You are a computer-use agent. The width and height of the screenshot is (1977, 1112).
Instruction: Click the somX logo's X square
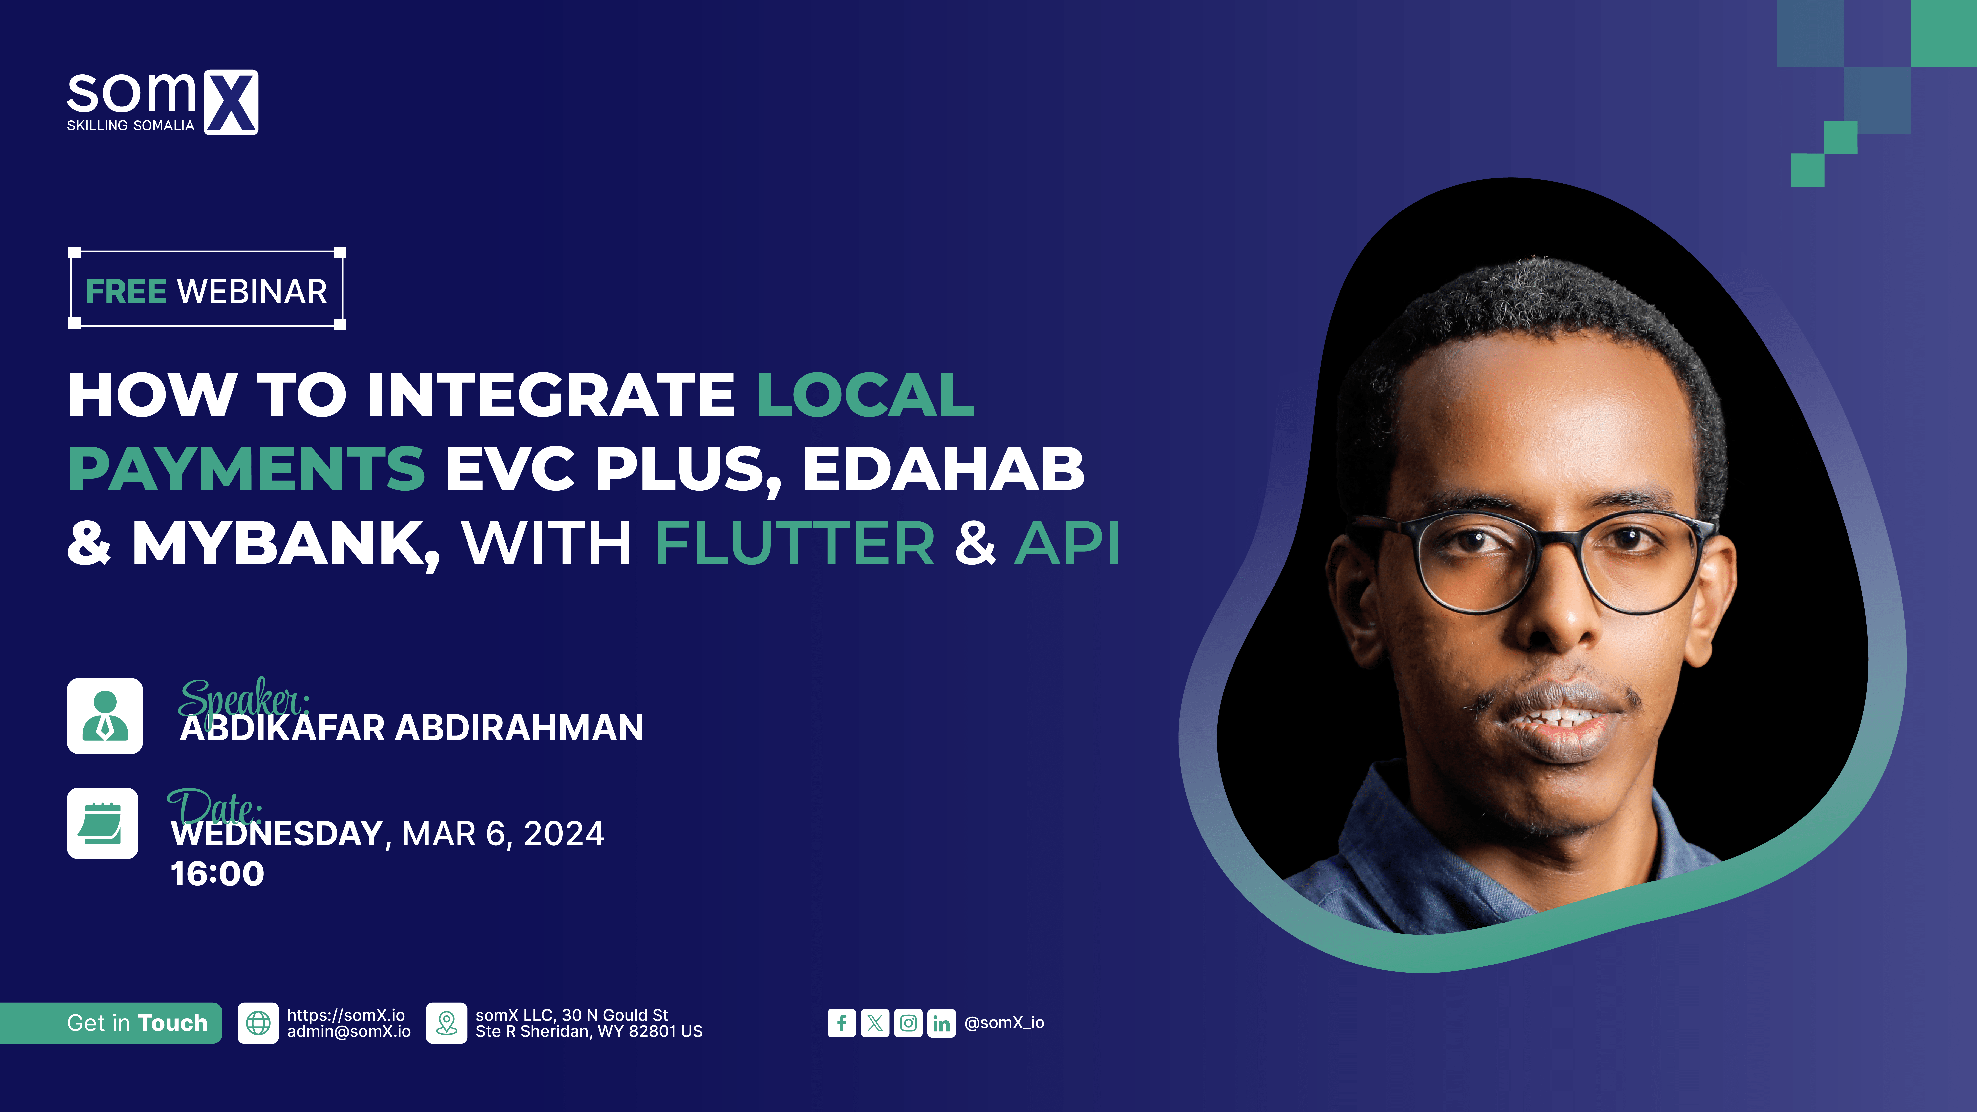231,103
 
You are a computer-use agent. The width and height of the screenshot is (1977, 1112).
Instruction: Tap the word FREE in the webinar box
126,292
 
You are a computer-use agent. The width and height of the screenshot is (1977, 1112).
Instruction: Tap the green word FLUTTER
794,543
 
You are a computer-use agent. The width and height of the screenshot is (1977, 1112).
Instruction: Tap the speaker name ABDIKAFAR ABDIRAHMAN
411,728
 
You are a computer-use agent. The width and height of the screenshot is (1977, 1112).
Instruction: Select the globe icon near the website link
258,1023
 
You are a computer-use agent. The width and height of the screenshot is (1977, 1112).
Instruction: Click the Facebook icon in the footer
842,1023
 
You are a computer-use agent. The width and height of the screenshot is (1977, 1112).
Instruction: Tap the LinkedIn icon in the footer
942,1023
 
